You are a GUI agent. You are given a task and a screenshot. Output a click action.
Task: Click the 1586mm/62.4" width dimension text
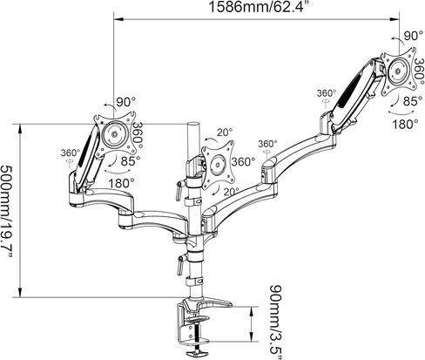point(256,7)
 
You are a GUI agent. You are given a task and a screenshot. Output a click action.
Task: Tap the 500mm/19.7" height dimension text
point(7,212)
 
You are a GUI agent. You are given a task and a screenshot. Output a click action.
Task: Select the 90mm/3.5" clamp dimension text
point(276,322)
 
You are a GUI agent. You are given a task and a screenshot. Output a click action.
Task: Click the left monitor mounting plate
point(115,134)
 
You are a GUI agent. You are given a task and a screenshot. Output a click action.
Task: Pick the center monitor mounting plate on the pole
point(218,166)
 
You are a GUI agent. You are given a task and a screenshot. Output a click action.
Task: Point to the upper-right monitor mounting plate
point(398,71)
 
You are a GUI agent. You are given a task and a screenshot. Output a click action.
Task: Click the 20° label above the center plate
point(225,132)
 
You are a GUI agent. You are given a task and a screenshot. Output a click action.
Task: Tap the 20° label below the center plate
point(231,192)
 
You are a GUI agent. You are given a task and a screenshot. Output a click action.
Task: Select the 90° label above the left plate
point(126,102)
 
